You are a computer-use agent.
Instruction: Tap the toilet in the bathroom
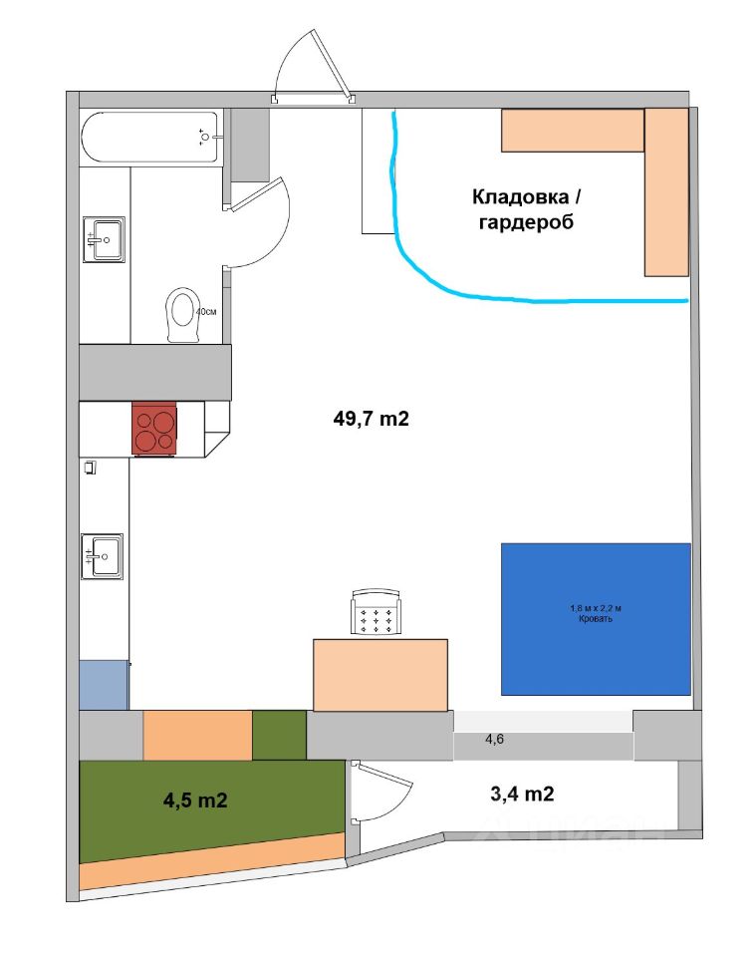[x=183, y=315]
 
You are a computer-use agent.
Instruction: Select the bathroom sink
[x=104, y=239]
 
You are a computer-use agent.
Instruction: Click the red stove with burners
[x=154, y=429]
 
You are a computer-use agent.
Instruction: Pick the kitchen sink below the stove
[x=102, y=556]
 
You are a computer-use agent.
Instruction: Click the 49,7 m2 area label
[x=372, y=420]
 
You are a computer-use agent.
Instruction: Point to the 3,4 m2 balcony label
[x=522, y=794]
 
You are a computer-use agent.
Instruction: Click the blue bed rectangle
[x=596, y=618]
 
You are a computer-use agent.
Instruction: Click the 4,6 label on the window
[x=495, y=739]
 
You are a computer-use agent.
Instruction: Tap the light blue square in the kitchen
[x=104, y=684]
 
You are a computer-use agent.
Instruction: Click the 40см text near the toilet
[x=206, y=311]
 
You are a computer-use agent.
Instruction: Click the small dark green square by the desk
[x=279, y=735]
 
